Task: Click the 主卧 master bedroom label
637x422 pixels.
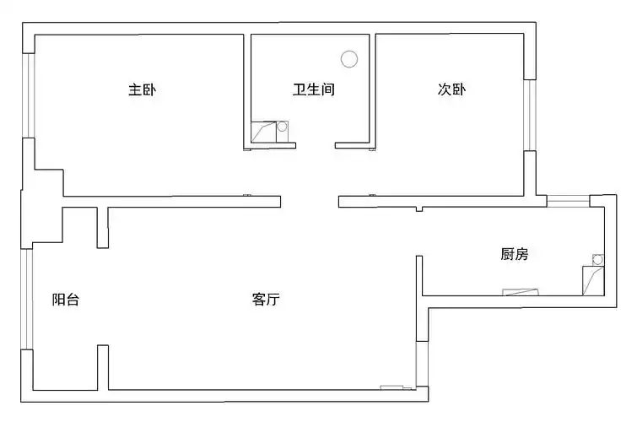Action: click(142, 89)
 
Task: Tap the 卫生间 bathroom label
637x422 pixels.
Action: click(314, 89)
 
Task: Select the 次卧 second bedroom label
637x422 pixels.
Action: click(451, 89)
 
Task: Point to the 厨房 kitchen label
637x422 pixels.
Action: click(514, 254)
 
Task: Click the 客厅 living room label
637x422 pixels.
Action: click(266, 299)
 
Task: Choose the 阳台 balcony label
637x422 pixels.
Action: click(66, 299)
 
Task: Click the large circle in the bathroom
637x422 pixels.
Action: click(349, 59)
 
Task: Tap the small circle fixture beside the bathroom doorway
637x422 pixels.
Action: click(283, 127)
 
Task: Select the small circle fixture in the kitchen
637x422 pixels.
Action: click(598, 261)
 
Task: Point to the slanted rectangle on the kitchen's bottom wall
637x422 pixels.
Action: click(520, 292)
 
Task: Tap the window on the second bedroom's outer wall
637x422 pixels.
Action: click(529, 115)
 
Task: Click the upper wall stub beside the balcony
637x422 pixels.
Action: click(102, 226)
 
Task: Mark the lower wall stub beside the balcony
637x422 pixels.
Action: click(102, 367)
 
